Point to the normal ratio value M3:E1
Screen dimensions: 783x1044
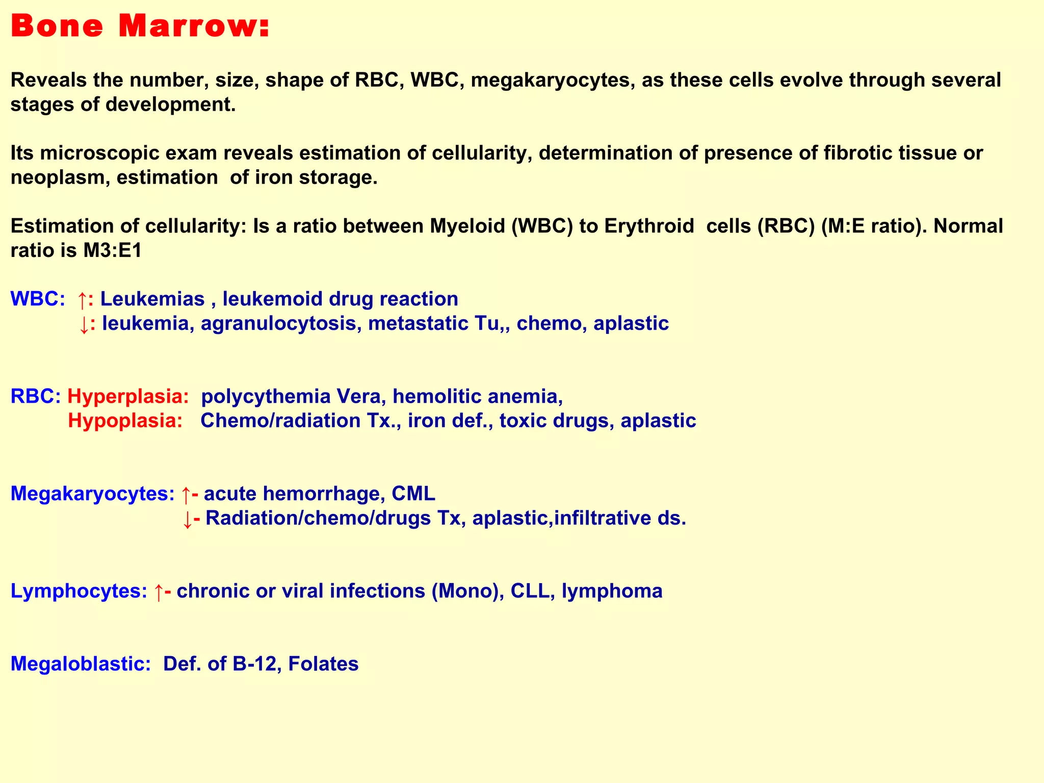pos(113,251)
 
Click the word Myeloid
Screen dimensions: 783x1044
pos(467,226)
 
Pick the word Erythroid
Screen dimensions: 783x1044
pos(649,226)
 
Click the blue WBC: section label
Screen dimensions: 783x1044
pos(37,299)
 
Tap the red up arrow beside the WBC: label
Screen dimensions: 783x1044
pos(82,300)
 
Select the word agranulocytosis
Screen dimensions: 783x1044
pos(278,323)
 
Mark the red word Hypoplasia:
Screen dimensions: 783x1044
pos(125,421)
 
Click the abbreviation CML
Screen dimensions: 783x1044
pos(413,493)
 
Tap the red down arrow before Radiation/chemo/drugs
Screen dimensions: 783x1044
pos(187,519)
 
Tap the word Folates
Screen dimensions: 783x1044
pos(323,664)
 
